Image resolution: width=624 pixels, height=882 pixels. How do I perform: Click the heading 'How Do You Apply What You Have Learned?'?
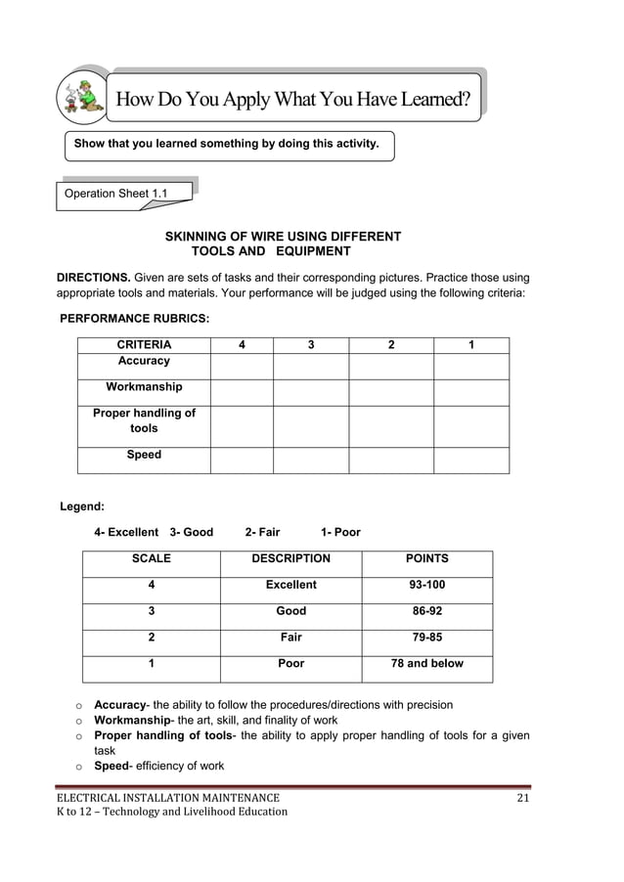[x=293, y=99]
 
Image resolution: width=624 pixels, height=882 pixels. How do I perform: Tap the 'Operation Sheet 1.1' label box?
[x=116, y=194]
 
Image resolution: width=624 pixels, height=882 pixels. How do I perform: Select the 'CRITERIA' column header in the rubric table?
[x=144, y=345]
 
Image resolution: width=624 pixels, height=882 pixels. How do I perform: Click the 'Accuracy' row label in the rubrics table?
[x=144, y=362]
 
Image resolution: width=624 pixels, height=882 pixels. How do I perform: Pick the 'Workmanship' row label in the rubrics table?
[x=144, y=387]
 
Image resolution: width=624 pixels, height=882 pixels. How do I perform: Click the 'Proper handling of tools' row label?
[x=144, y=420]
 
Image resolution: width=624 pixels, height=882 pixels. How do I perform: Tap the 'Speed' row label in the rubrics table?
[x=144, y=456]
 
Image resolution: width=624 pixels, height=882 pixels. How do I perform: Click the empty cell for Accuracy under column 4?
[x=241, y=366]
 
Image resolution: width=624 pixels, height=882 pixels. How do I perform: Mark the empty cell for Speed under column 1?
[x=471, y=460]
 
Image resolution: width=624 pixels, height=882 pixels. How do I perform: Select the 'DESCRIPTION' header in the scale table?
[x=290, y=559]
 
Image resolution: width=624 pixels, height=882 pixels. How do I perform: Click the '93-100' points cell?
[x=426, y=585]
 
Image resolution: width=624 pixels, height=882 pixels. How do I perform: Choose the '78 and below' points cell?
[x=426, y=664]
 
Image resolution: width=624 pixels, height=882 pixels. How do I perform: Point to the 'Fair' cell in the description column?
[x=290, y=638]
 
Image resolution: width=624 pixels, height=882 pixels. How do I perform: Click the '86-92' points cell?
[x=426, y=611]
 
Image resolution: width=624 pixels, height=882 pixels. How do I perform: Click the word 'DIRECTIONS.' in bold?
[x=93, y=278]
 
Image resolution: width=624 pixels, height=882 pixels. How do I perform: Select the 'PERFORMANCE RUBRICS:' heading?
[x=134, y=318]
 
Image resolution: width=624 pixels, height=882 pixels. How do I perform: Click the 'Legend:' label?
[x=82, y=507]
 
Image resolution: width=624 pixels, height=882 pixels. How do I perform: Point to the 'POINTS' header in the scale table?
[x=426, y=559]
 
